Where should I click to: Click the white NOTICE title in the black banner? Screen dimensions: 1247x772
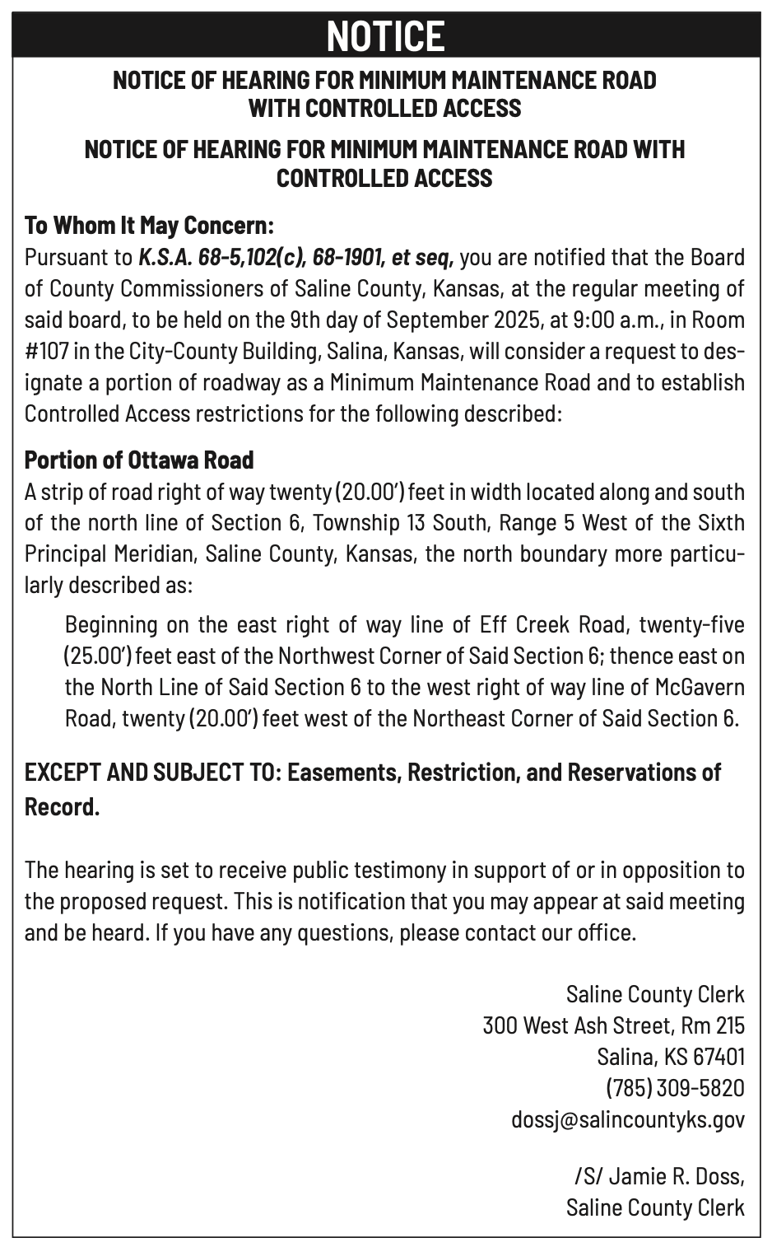[385, 36]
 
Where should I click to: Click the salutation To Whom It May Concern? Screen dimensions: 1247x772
[148, 225]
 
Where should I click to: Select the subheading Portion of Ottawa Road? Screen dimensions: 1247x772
[138, 460]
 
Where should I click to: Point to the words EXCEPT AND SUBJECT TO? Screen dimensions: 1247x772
[153, 773]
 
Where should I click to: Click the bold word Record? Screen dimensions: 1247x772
[62, 806]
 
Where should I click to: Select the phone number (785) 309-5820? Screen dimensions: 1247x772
[675, 1088]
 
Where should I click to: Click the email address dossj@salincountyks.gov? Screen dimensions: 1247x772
[628, 1119]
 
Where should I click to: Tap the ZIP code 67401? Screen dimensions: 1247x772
[719, 1057]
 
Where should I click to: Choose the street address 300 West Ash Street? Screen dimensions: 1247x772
[576, 1025]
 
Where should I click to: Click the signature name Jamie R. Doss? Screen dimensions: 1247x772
[677, 1175]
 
